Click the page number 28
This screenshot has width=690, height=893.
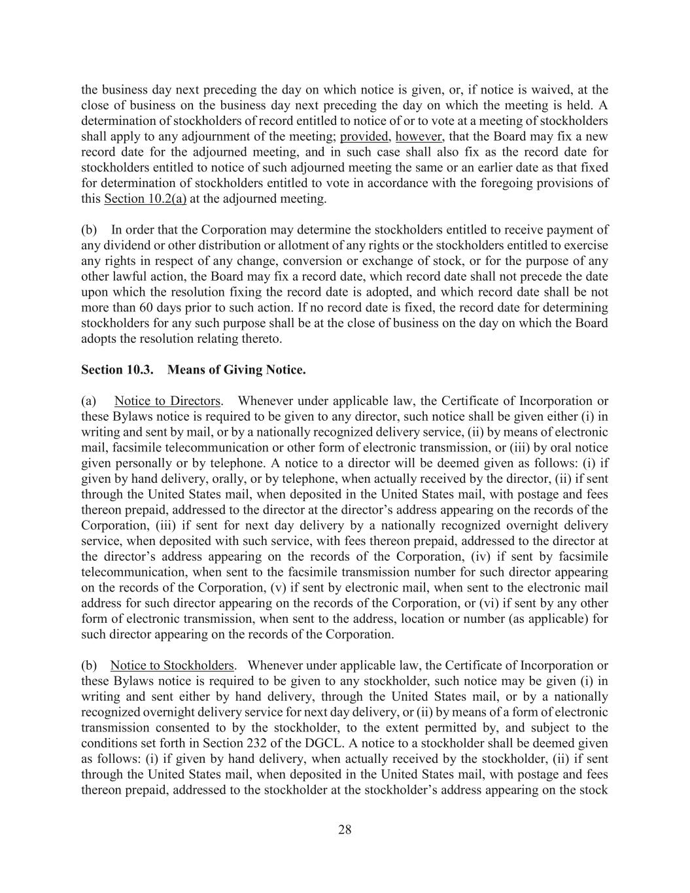[x=345, y=830]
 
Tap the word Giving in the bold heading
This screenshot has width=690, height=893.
[x=240, y=370]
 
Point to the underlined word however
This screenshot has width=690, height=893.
[x=419, y=137]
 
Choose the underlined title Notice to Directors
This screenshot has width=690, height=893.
[x=167, y=401]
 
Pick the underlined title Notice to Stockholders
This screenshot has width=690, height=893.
[x=172, y=666]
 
